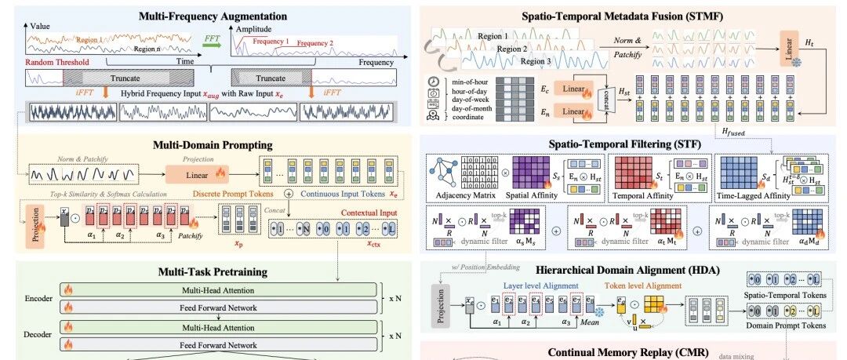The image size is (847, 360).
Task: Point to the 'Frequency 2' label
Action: (316, 43)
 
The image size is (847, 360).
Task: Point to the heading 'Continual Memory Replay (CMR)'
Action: (633, 352)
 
